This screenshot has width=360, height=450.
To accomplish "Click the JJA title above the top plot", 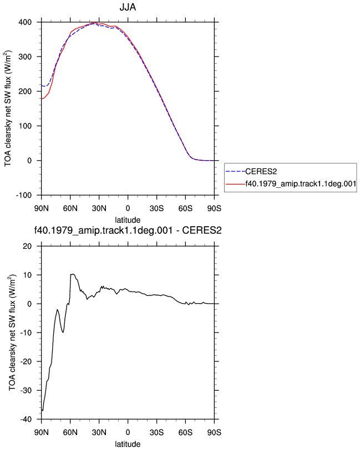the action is pos(128,7).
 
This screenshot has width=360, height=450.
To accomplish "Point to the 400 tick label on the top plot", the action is pos(25,22).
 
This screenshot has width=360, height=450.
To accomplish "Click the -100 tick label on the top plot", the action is pos(23,195).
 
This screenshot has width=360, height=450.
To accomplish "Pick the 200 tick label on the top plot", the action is pos(25,91).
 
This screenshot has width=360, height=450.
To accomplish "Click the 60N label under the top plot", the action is pos(70,208).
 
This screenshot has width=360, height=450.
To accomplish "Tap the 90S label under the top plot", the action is pos(214,208).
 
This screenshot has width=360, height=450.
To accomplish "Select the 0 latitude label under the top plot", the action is pos(128,208).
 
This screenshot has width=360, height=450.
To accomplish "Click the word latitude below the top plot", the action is pos(128,220).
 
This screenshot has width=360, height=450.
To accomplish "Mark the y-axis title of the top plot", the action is pos(8,109).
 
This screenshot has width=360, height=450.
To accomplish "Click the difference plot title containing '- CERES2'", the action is pos(128,231).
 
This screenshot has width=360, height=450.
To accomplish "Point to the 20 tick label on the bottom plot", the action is pos(27,246).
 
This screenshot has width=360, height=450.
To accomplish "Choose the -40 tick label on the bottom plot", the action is pos(26,420).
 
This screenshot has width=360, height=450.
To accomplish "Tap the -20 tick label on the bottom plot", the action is pos(26,361).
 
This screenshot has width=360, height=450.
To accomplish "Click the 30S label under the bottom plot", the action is pos(156,432).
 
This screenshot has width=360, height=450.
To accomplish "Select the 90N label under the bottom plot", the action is pos(42,432).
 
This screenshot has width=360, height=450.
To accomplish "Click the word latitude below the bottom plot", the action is pos(128,444).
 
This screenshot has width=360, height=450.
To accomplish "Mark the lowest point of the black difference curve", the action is pos(43,411).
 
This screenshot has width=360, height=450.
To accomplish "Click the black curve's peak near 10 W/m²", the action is pos(73,274).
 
